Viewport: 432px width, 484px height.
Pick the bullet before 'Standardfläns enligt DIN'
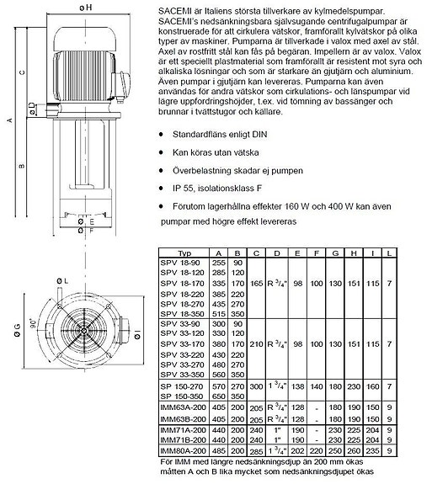pos(162,134)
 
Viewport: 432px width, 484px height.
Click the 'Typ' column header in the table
pos(181,253)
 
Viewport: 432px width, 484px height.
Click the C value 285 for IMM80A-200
pos(258,449)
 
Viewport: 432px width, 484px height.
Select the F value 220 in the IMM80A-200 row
pos(316,449)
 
